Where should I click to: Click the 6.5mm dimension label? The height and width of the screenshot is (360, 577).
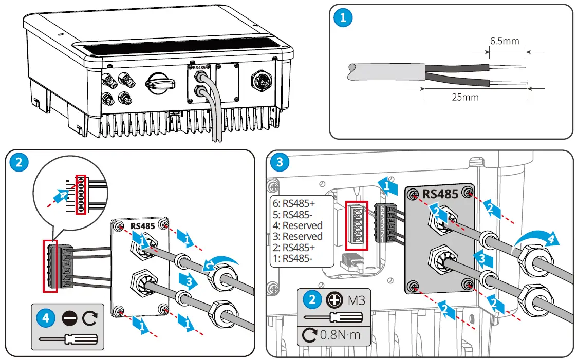pos(504,41)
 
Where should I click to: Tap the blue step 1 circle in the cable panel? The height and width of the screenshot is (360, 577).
pos(343,18)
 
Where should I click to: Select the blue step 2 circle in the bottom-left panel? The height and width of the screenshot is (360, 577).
pos(19,163)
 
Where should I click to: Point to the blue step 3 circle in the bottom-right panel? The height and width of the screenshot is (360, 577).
pos(280,163)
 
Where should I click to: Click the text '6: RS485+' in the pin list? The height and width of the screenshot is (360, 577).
pos(294,203)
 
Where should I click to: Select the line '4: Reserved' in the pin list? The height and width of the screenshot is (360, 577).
pos(297,225)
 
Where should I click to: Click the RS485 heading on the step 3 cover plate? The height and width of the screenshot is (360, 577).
pos(440,194)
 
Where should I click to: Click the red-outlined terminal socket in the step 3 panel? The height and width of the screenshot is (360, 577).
pos(357,225)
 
